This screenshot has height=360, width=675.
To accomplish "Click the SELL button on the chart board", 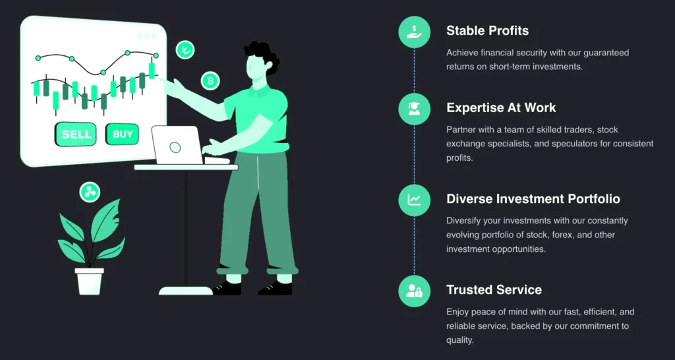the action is click(x=75, y=134).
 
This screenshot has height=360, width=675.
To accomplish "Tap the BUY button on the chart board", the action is click(x=122, y=134).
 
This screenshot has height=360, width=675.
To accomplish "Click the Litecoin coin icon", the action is click(x=185, y=49).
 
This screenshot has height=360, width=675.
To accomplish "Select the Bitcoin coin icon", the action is click(x=210, y=80).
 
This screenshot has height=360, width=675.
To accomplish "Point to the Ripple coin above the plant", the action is click(x=90, y=192).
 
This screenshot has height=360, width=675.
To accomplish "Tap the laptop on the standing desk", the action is click(x=177, y=146).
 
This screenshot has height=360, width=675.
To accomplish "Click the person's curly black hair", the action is click(x=263, y=56).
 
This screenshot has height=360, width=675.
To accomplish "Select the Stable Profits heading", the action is click(x=487, y=30).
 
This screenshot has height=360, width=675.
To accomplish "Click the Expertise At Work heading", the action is click(x=501, y=107).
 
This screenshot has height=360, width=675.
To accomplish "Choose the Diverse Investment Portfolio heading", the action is click(x=533, y=198).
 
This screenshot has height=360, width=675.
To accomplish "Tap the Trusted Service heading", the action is click(x=494, y=289).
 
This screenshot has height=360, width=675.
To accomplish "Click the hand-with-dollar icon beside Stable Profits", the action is click(x=414, y=32).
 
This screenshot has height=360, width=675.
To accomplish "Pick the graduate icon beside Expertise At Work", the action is click(x=414, y=109).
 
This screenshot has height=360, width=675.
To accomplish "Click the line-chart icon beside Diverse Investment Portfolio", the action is click(x=414, y=200).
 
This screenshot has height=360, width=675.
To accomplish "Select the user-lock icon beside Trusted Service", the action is click(x=414, y=291).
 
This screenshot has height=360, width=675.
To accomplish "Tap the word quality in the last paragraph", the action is click(x=459, y=340).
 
